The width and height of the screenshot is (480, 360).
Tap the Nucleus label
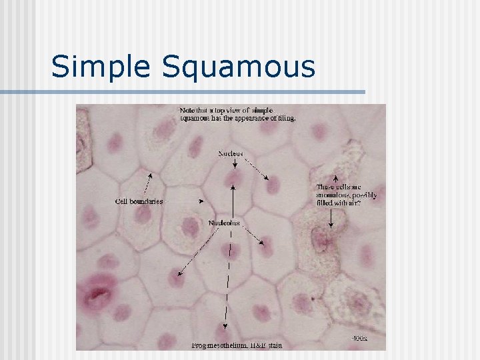pyautogui.click(x=231, y=153)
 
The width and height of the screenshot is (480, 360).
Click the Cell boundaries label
pyautogui.click(x=139, y=201)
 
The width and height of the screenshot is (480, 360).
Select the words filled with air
pyautogui.click(x=339, y=203)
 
